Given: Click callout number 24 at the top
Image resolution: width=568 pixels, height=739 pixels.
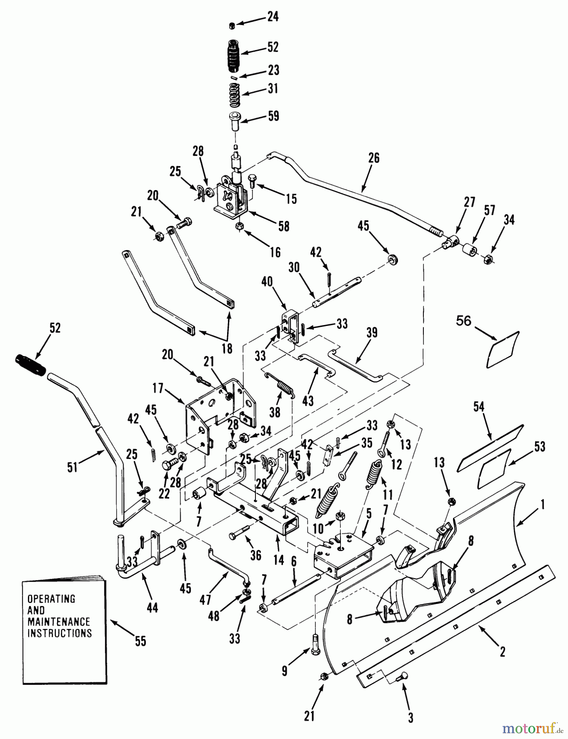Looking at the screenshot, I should [272, 17].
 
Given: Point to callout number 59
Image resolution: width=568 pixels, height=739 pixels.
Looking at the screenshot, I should [273, 116].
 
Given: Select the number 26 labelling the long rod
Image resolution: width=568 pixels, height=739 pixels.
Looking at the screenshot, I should [374, 158].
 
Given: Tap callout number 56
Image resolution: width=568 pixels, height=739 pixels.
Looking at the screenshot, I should [464, 321].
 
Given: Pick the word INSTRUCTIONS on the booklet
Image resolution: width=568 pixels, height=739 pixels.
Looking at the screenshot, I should [60, 633].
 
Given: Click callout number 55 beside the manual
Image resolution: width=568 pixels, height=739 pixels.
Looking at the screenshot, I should [140, 641].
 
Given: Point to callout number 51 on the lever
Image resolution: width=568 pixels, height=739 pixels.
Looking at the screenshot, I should [73, 467].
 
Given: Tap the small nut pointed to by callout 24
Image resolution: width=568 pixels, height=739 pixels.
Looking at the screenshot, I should [232, 26].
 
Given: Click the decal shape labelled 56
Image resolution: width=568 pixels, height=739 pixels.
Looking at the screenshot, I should [502, 350].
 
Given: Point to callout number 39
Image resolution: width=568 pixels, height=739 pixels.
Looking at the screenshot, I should [372, 333].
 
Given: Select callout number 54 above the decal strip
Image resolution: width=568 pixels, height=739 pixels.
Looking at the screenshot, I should [479, 407].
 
